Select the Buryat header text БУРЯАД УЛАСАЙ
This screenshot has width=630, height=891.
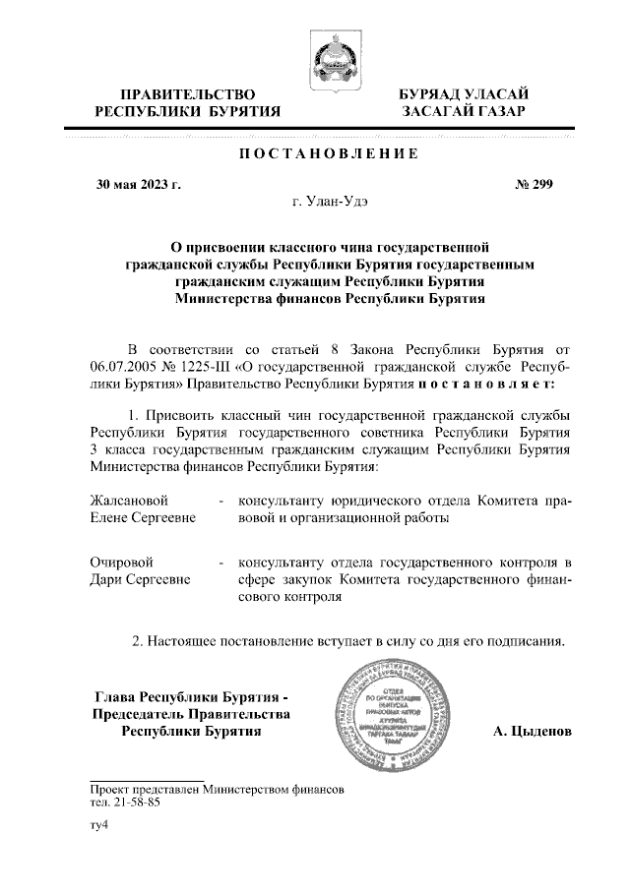(x=464, y=94)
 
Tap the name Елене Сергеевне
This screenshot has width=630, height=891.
(x=142, y=517)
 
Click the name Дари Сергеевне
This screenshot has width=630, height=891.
(x=141, y=579)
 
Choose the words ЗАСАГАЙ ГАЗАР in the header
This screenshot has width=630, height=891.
(x=464, y=113)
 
